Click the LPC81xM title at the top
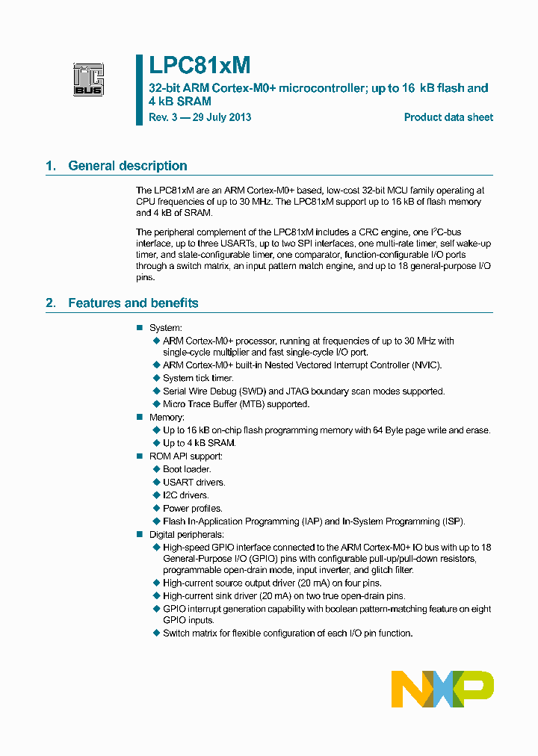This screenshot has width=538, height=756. (x=200, y=66)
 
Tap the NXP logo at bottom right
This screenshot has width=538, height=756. (x=442, y=688)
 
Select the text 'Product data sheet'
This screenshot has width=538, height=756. (x=448, y=117)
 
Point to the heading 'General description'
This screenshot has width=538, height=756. (x=128, y=166)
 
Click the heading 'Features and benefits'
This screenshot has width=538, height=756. (x=133, y=303)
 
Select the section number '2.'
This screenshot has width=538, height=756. (x=51, y=303)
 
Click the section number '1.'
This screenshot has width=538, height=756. (x=51, y=166)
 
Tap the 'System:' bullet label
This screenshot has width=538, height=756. (x=166, y=328)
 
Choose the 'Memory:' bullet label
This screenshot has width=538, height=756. (x=167, y=417)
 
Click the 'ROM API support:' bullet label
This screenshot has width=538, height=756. (x=186, y=456)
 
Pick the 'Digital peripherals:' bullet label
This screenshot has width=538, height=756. (x=187, y=534)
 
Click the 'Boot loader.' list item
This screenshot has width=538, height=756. (x=187, y=469)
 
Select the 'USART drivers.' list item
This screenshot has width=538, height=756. (x=194, y=482)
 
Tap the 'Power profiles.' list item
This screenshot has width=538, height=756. (x=192, y=508)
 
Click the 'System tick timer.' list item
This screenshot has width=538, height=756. (x=198, y=378)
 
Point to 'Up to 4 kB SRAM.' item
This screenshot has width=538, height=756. (x=199, y=443)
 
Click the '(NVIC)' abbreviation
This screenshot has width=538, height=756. (x=426, y=365)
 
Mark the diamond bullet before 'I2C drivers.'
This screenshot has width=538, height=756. (x=156, y=495)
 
